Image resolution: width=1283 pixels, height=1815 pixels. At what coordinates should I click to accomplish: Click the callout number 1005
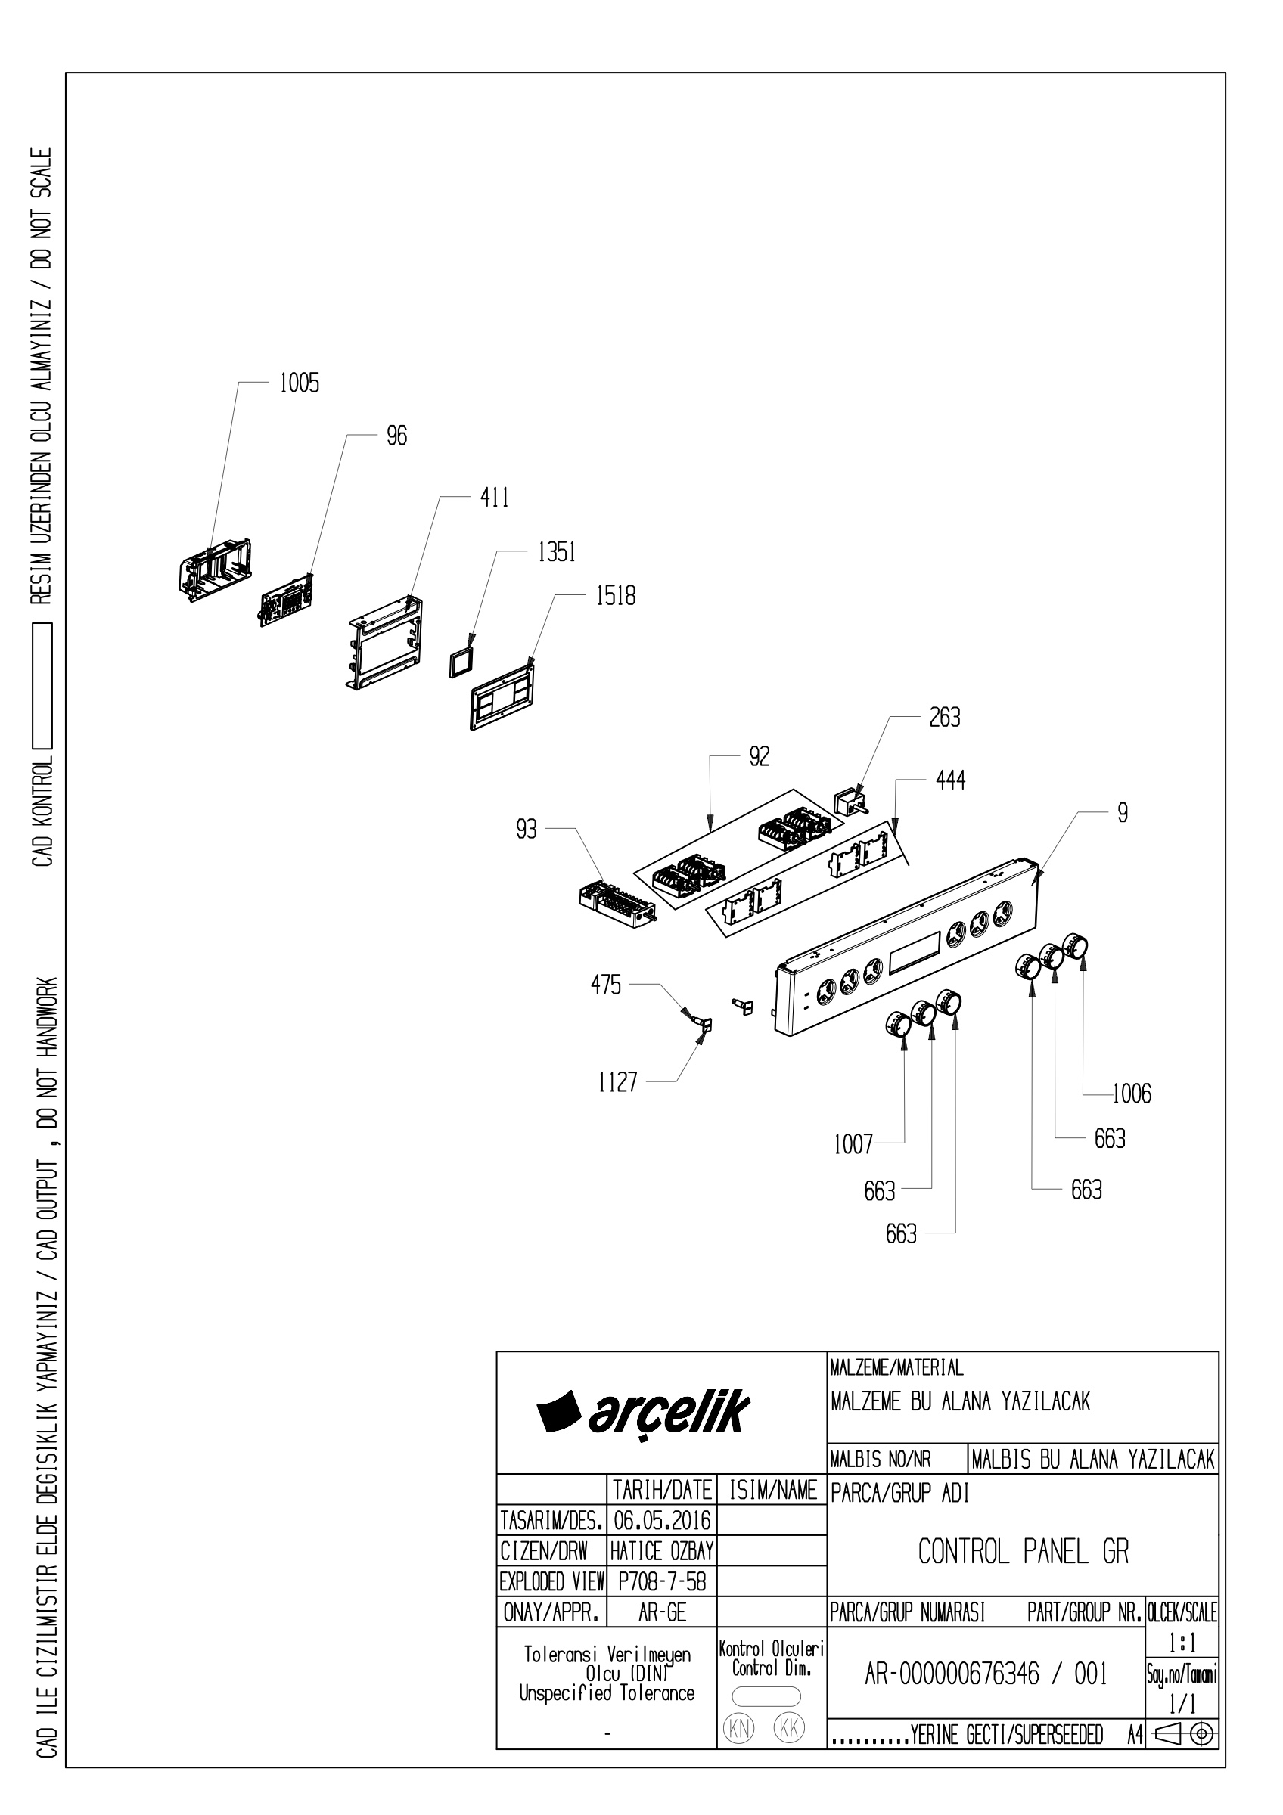click(x=299, y=383)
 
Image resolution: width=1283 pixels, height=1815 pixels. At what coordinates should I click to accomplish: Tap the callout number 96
click(x=397, y=436)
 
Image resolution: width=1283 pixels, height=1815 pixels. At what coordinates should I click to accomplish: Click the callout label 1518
click(x=616, y=596)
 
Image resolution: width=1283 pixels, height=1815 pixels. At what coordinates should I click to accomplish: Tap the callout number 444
click(x=950, y=781)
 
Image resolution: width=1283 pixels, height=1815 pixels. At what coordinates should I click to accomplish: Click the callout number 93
click(x=527, y=830)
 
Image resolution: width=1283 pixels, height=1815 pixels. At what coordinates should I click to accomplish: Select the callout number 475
click(x=606, y=985)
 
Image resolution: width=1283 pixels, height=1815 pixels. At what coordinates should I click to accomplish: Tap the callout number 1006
click(x=1132, y=1094)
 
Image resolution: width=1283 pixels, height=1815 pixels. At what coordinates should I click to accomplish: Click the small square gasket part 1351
click(x=461, y=660)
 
